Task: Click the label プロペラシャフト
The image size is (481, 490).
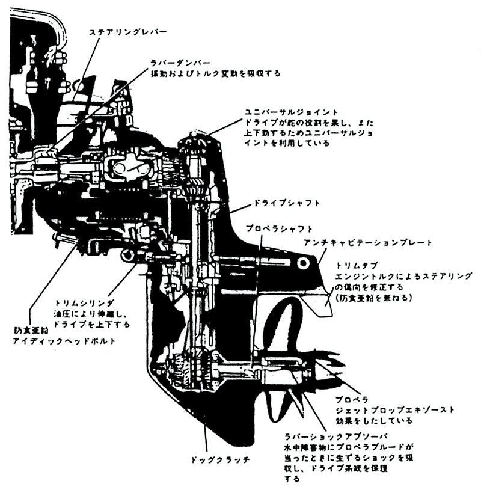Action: point(279,229)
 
